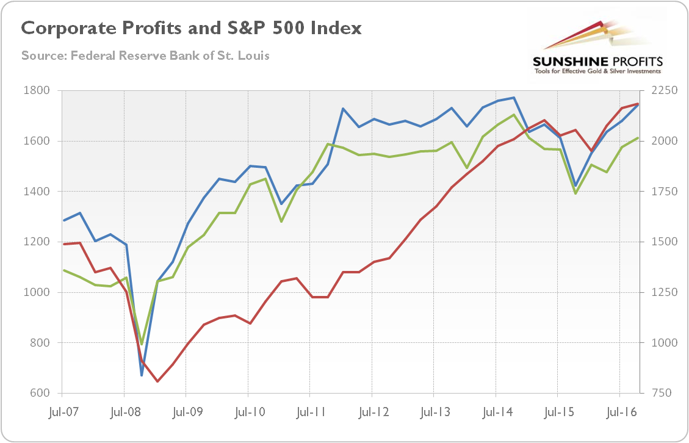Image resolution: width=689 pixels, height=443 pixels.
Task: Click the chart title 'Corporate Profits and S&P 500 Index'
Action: (x=191, y=28)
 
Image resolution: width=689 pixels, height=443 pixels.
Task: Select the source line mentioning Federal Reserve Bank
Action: (x=145, y=56)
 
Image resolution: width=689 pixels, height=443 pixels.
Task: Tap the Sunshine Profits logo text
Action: (x=597, y=62)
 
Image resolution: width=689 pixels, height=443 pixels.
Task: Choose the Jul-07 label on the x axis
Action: (x=62, y=413)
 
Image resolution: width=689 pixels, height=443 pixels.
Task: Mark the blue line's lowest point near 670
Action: (x=142, y=375)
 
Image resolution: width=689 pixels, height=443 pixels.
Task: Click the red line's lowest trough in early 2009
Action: (x=157, y=381)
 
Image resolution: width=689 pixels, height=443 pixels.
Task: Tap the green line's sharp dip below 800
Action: (x=142, y=344)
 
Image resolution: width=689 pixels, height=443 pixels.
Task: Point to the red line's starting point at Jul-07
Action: (x=63, y=244)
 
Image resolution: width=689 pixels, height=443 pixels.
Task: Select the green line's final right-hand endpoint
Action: (x=638, y=138)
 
